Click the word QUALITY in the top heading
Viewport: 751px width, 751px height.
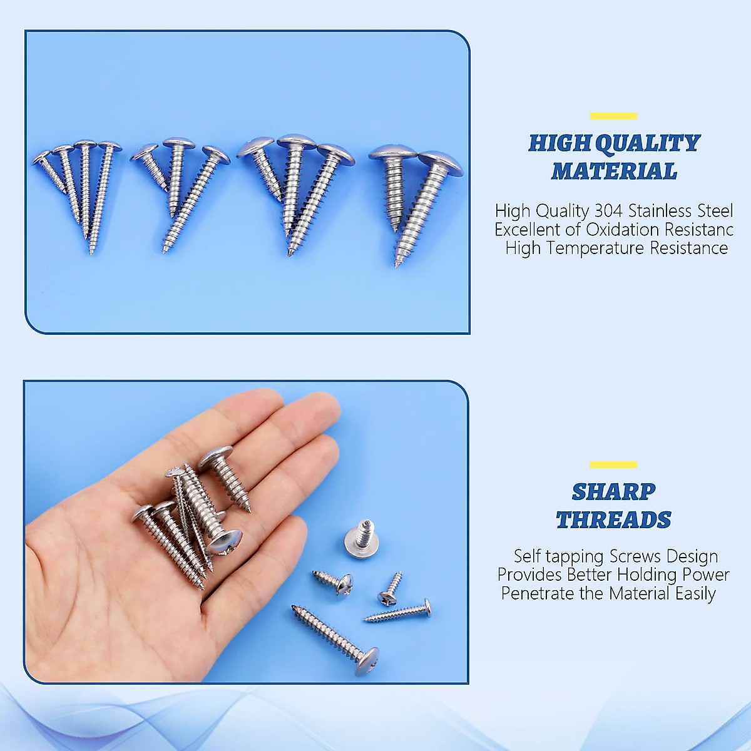tap(647, 143)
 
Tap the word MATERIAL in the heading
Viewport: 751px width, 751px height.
tap(613, 171)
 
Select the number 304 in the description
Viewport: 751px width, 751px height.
tap(608, 210)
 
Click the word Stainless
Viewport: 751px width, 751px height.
tap(666, 210)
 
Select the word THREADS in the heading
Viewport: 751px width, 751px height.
tap(613, 520)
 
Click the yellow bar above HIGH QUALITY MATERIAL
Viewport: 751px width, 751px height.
tap(613, 116)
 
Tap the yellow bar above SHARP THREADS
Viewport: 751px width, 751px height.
tap(613, 464)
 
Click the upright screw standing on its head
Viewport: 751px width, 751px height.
tap(360, 538)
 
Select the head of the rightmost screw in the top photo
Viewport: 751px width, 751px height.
tap(440, 161)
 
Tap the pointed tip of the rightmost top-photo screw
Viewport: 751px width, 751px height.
tap(397, 265)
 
